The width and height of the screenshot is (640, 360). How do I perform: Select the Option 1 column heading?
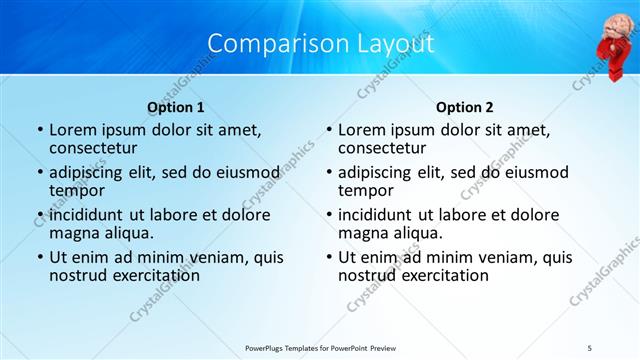coord(176,107)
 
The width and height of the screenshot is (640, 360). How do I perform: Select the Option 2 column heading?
coord(465,107)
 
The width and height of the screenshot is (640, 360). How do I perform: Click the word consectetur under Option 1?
coord(94,149)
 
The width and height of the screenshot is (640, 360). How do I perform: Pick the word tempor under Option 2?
coord(365,190)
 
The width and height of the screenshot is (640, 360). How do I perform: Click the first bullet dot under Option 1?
coord(40,131)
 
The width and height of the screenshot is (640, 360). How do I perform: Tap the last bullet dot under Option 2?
coord(328,257)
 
